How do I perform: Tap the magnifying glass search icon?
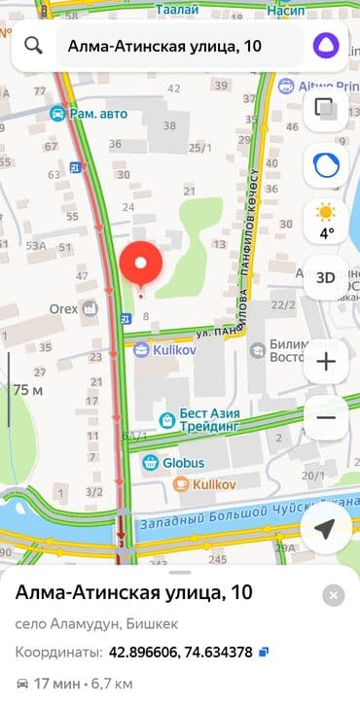click(34, 46)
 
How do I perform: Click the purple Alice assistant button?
click(326, 46)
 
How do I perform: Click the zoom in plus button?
click(326, 363)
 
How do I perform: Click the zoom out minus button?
click(326, 418)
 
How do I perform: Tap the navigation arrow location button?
click(326, 528)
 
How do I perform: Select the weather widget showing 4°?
click(326, 221)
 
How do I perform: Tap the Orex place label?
click(64, 309)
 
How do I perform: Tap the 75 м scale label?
click(28, 390)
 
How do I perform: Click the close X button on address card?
click(334, 595)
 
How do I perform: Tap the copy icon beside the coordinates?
click(264, 652)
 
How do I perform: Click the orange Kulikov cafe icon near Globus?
click(180, 483)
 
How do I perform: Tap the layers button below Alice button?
click(326, 110)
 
